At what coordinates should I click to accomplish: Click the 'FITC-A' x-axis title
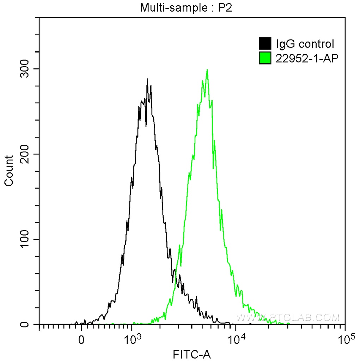[x=192, y=354]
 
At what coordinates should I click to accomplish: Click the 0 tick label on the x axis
[x=81, y=340]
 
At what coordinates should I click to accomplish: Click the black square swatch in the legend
[x=265, y=44]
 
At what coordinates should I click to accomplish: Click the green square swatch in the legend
[x=265, y=58]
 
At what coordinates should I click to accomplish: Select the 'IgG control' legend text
[x=305, y=44]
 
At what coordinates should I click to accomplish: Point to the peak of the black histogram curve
[x=147, y=79]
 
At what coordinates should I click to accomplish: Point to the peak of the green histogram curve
[x=207, y=70]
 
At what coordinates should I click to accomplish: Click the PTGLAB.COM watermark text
[x=287, y=318]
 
